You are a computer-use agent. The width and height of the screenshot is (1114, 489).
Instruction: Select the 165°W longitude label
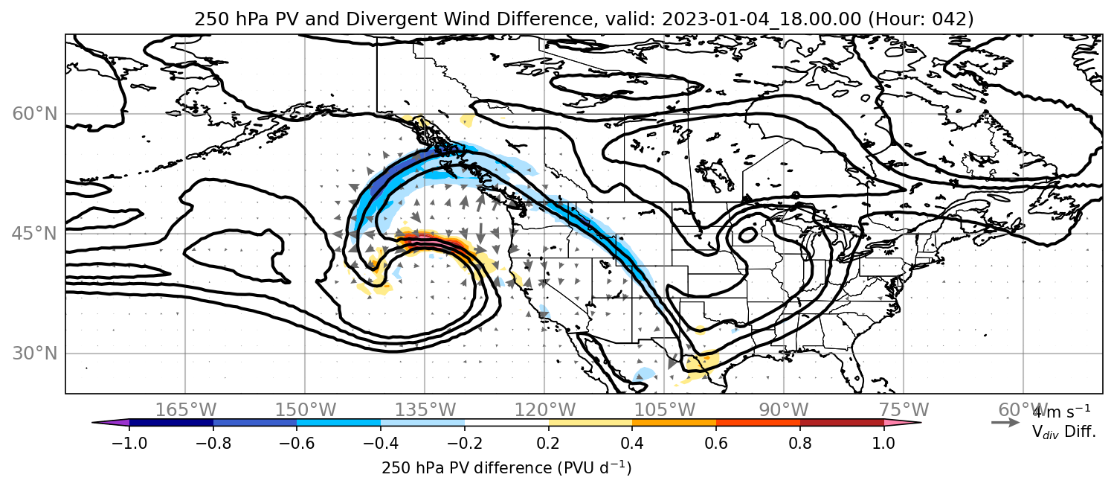[185, 410]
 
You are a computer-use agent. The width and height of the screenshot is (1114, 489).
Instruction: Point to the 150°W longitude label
[306, 410]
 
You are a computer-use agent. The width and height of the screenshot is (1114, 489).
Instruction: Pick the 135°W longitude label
[425, 410]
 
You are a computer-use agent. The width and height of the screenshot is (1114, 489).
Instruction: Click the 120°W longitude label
[544, 410]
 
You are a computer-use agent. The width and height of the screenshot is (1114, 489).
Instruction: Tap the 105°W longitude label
[664, 410]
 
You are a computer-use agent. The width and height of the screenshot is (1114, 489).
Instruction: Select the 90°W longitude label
[784, 410]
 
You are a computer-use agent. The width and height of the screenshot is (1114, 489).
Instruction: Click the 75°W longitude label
[904, 410]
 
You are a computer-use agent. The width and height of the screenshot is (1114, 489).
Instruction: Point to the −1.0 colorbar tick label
[129, 443]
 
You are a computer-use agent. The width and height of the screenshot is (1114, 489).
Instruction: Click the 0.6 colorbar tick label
[716, 443]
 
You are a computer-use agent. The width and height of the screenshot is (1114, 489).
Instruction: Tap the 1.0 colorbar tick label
[883, 443]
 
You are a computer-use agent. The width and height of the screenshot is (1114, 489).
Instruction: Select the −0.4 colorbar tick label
[381, 443]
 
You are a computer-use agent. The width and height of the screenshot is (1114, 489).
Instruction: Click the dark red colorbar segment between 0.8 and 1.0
[842, 423]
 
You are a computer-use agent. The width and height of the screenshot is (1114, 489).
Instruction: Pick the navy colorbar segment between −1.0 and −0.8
[172, 423]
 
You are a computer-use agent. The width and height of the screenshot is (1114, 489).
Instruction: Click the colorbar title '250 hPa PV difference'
[466, 468]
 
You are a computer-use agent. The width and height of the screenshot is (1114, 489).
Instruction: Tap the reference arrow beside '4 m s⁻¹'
[1005, 423]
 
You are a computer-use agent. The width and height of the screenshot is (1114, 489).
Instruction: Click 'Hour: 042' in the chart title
[921, 19]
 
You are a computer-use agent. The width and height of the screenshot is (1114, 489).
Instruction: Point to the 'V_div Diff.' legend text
[1063, 432]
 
